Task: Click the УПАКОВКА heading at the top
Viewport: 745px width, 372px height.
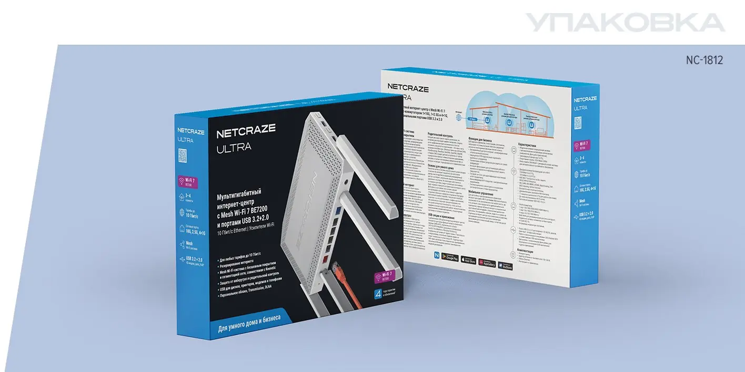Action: point(625,23)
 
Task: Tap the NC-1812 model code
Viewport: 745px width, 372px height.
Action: point(704,60)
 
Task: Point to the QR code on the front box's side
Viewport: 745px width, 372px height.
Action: point(183,156)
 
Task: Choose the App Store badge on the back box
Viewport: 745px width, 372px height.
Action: point(469,259)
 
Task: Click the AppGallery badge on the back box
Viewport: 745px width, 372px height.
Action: point(487,261)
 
